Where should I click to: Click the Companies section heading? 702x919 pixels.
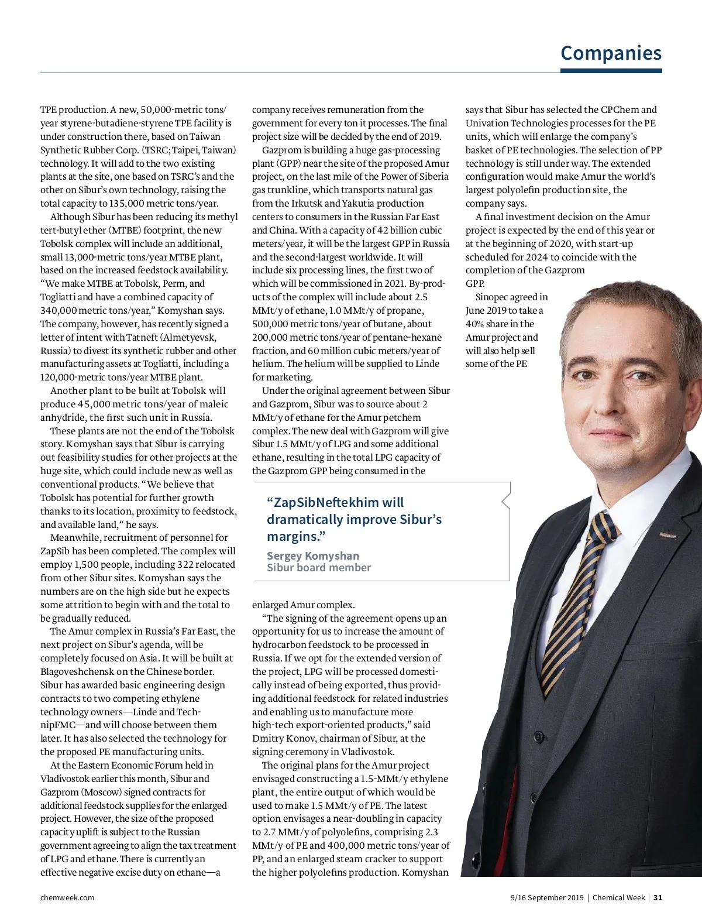[611, 53]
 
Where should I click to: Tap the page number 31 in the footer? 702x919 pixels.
[658, 897]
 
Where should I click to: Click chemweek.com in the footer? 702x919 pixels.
[67, 897]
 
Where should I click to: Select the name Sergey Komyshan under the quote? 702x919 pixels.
[313, 555]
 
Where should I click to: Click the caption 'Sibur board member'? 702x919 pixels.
[319, 567]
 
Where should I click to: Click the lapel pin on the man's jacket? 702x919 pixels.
[668, 535]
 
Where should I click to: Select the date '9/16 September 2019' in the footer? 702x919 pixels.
[547, 897]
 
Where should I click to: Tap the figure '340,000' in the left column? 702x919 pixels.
[58, 310]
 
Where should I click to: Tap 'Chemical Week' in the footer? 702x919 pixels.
[618, 897]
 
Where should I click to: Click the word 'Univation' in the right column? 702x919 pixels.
[487, 123]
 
